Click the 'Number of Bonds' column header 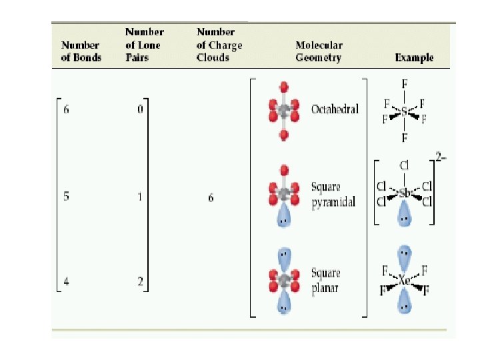(81, 51)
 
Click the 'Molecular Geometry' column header (319, 51)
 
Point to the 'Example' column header (414, 57)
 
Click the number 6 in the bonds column (66, 109)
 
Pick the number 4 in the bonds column (66, 282)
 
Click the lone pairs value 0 (140, 109)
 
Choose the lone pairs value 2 (140, 282)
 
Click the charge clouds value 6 (211, 198)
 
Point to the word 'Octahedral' (335, 109)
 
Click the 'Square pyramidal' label (333, 195)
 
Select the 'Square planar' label (326, 280)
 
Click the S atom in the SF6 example (404, 111)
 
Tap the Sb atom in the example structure (405, 193)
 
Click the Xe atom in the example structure (405, 281)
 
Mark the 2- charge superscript (441, 157)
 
